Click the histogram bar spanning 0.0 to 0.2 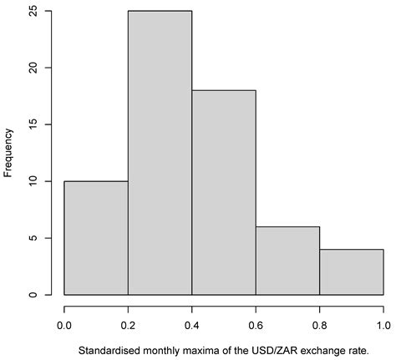[x=96, y=238]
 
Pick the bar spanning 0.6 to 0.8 [x=287, y=261]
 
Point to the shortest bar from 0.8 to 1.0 [x=352, y=272]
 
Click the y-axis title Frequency [x=9, y=153]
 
